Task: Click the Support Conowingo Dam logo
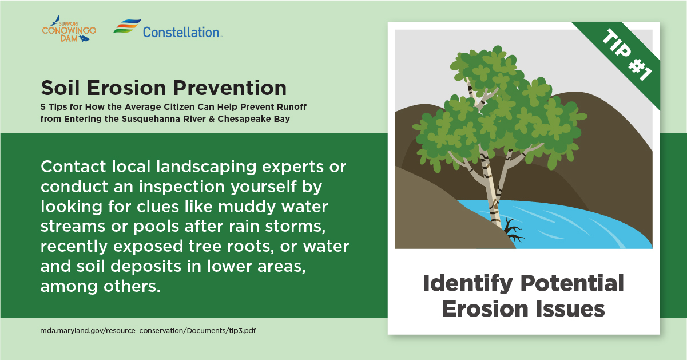[x=69, y=29]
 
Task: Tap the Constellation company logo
[x=168, y=29]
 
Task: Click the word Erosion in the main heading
[x=126, y=88]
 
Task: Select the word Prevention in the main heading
[x=230, y=88]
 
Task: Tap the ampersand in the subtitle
[x=212, y=119]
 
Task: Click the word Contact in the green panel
[x=73, y=167]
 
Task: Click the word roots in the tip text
[x=251, y=247]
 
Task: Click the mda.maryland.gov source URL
[x=148, y=331]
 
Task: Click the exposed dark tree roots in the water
[x=513, y=231]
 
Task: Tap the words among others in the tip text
[x=101, y=286]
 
